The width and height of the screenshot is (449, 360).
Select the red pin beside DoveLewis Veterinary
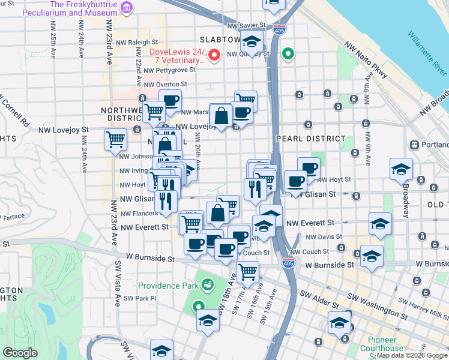click(214, 57)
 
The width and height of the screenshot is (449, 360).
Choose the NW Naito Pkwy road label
click(367, 60)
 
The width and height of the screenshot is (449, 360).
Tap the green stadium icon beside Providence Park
click(208, 284)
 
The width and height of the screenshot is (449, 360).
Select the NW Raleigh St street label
click(137, 43)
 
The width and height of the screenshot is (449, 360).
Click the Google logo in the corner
click(20, 353)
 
